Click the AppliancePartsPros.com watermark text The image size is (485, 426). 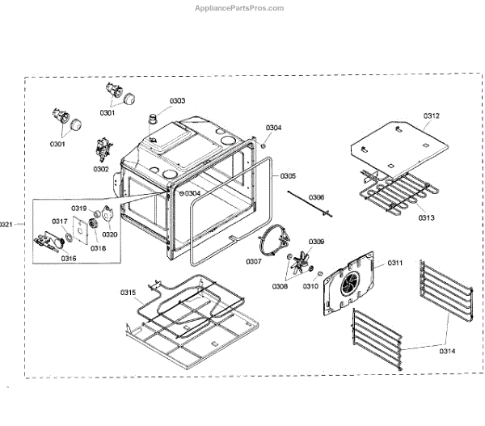(x=240, y=8)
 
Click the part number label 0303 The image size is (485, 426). (x=176, y=101)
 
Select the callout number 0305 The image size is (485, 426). (x=288, y=175)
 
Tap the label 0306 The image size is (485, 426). (x=316, y=197)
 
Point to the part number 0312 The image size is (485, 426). (x=431, y=116)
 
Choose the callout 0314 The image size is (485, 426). (x=447, y=350)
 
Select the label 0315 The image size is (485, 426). (x=129, y=292)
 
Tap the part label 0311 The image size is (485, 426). (x=394, y=264)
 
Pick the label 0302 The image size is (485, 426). (x=101, y=169)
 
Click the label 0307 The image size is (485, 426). (x=254, y=261)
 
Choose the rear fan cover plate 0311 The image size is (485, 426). (x=349, y=283)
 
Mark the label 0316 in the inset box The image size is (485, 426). (x=69, y=259)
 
